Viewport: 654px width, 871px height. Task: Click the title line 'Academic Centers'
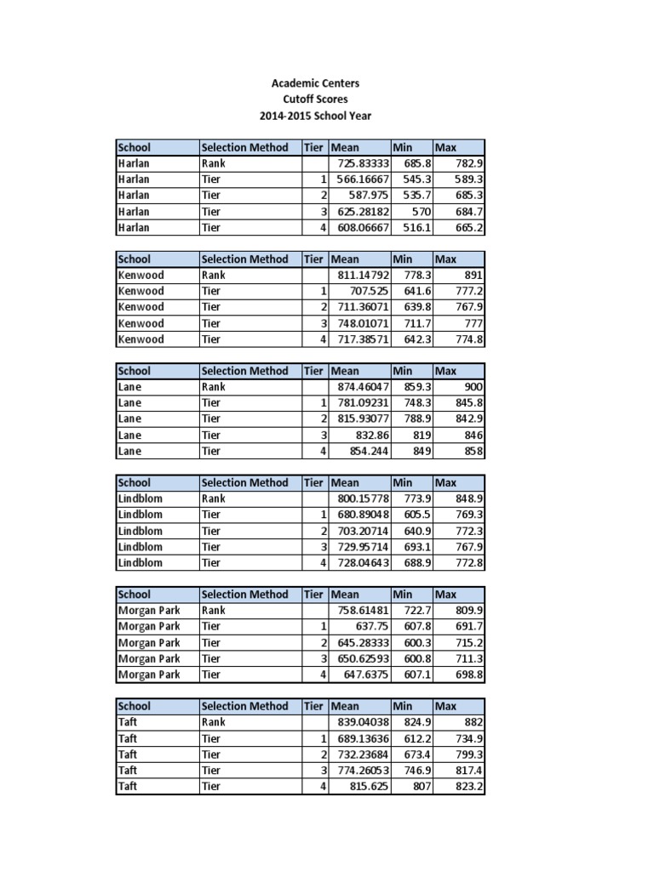(x=315, y=83)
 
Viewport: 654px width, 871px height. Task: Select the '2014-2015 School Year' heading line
(x=315, y=116)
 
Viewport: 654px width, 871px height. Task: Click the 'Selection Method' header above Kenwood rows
(x=244, y=259)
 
